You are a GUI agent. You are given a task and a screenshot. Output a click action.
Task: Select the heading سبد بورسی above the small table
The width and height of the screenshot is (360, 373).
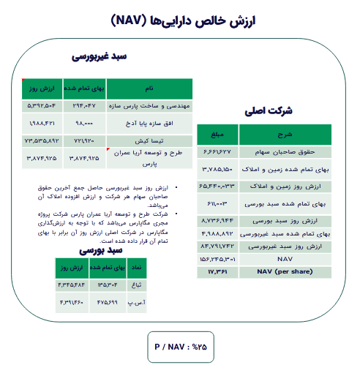109,249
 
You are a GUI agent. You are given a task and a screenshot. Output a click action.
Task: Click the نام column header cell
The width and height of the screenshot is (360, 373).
150,88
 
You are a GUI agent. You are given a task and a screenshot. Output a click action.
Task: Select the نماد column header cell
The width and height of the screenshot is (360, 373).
135,269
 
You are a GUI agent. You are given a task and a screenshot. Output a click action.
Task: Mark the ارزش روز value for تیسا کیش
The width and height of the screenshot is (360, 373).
42,138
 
